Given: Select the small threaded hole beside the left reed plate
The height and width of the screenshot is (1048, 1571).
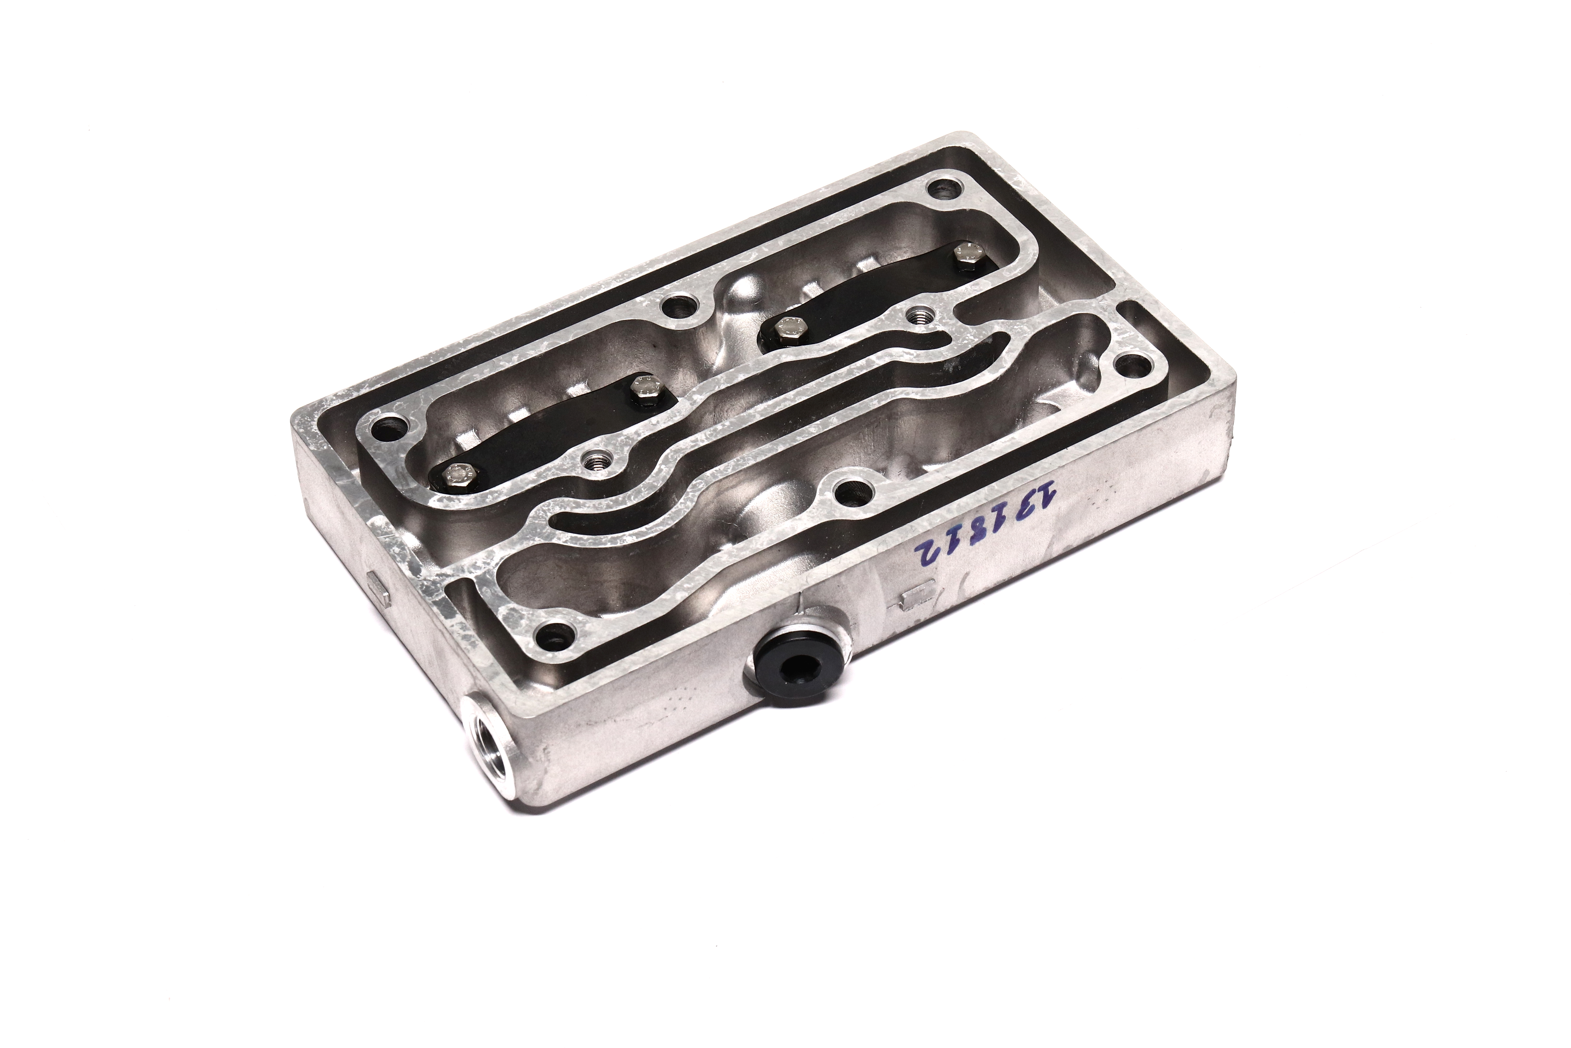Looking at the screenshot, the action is click(x=594, y=459).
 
